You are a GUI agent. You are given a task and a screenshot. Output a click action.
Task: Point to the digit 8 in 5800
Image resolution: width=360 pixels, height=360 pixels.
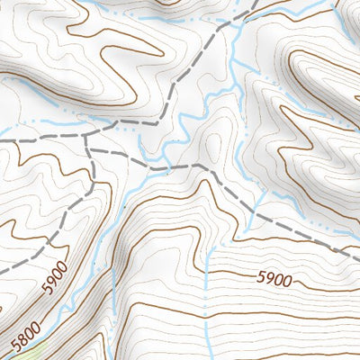coord(24,337)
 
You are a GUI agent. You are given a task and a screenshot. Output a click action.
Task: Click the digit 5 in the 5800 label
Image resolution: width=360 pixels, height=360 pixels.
coord(15,345)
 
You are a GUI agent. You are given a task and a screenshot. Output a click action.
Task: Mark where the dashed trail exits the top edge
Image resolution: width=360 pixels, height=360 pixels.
coord(256,2)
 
